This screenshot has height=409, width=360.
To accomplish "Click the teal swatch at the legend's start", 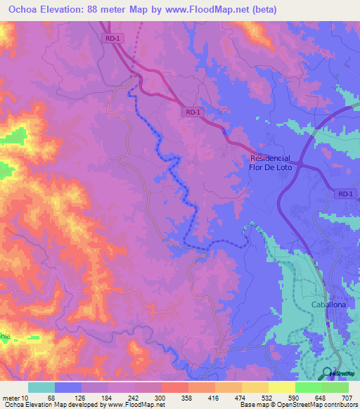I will [x=41, y=387].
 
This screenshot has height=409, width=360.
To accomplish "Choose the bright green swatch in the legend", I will [x=308, y=387].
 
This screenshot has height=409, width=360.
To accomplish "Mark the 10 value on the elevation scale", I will [x=30, y=398].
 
